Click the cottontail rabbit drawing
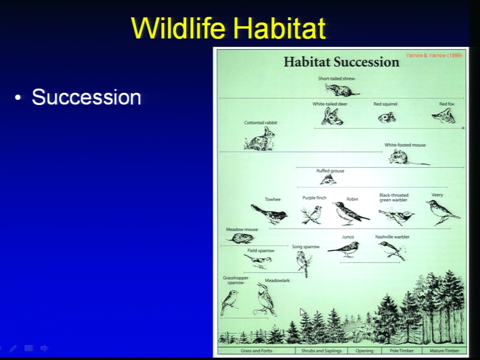click(x=259, y=139)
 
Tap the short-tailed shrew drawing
click(x=342, y=90)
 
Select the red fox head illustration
click(x=443, y=115)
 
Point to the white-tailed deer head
click(x=332, y=116)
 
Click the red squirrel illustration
click(x=386, y=117)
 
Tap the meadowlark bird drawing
click(x=265, y=299)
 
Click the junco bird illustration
click(x=344, y=249)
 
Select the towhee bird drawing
click(x=269, y=213)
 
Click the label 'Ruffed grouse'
click(x=330, y=171)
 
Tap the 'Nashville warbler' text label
click(x=392, y=236)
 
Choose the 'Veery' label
click(x=437, y=195)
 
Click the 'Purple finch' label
click(x=314, y=198)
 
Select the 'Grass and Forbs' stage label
click(x=256, y=350)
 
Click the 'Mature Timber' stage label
click(x=444, y=350)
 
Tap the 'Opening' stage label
click(x=364, y=351)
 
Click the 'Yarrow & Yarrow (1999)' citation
click(x=434, y=55)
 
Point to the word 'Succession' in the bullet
click(x=86, y=97)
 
